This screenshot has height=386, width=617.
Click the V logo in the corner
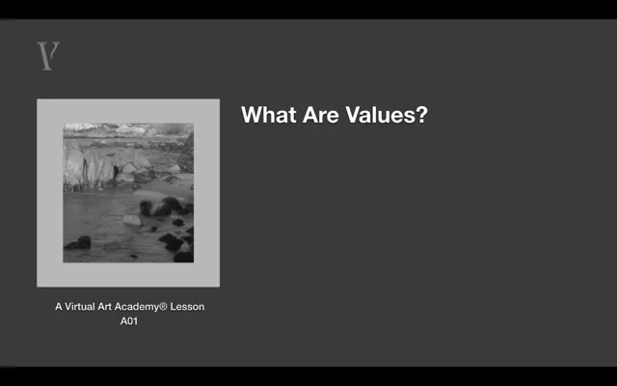pos(48,56)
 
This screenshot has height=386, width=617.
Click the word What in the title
pos(269,115)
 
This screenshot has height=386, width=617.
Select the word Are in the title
pos(321,115)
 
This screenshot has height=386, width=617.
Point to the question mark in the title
pos(420,115)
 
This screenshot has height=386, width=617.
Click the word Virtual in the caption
pos(80,307)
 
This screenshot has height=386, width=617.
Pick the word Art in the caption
pos(105,307)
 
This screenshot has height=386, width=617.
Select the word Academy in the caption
pos(137,307)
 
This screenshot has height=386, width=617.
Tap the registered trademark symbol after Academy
pos(163,307)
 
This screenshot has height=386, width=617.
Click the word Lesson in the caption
pos(187,307)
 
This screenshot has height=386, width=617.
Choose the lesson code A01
pos(129,321)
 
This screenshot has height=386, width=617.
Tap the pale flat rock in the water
pos(132,220)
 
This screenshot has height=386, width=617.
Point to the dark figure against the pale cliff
pos(116,172)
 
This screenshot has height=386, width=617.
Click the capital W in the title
pos(252,115)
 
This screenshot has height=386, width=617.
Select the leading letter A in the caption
pos(59,307)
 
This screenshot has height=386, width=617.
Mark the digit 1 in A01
pos(135,321)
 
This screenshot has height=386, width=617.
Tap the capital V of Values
pos(353,115)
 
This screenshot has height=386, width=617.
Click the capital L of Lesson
pos(173,307)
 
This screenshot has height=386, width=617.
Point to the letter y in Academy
pos(156,309)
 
